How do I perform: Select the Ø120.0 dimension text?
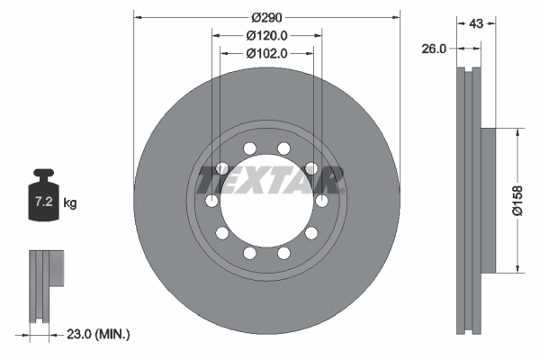[x=266, y=35]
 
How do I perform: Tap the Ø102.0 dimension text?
[x=266, y=53]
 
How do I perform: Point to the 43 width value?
[x=477, y=23]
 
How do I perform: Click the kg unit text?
[x=70, y=204]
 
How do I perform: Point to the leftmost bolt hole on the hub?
[x=211, y=201]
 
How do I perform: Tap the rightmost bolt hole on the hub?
[x=321, y=201]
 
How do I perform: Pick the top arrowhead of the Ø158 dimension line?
[x=517, y=132]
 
